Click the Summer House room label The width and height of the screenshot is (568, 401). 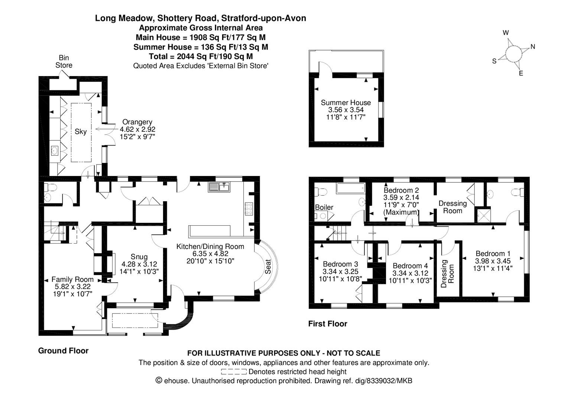click(345, 102)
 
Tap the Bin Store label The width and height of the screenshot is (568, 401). click(64, 62)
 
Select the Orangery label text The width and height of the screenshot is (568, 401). click(137, 122)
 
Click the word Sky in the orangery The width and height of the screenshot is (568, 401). click(81, 131)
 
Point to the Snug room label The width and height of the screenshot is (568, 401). click(139, 257)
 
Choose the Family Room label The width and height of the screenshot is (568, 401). click(72, 280)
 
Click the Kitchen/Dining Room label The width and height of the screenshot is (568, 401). click(210, 246)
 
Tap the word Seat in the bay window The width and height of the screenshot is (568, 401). click(268, 267)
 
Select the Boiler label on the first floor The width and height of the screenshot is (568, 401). click(324, 207)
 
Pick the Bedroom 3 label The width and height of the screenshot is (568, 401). click(340, 264)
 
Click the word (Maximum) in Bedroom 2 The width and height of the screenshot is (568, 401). click(401, 212)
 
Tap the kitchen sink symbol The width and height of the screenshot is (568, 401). click(220, 187)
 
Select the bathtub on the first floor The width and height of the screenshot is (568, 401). click(351, 189)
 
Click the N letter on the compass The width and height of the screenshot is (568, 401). click(533, 47)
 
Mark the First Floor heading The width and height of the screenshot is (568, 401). click(328, 324)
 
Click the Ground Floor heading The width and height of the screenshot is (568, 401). click(63, 351)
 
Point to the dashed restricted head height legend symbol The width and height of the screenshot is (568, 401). click(233, 372)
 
